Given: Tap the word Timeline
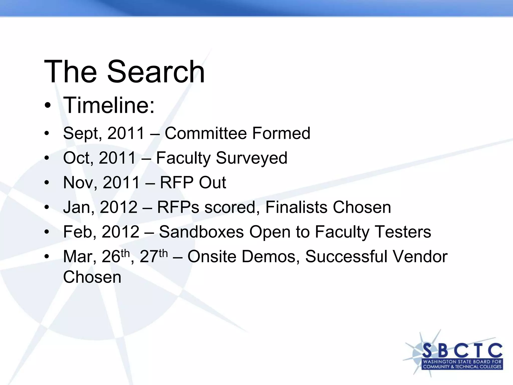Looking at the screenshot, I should click(x=109, y=105).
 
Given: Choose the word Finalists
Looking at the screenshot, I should click(x=296, y=207).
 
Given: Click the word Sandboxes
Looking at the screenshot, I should click(x=201, y=232).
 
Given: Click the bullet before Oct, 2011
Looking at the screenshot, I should click(x=47, y=158).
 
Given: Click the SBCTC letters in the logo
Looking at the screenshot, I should click(x=462, y=350).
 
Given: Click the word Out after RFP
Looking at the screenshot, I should click(x=212, y=182).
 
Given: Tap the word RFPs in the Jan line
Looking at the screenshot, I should click(x=178, y=207).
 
